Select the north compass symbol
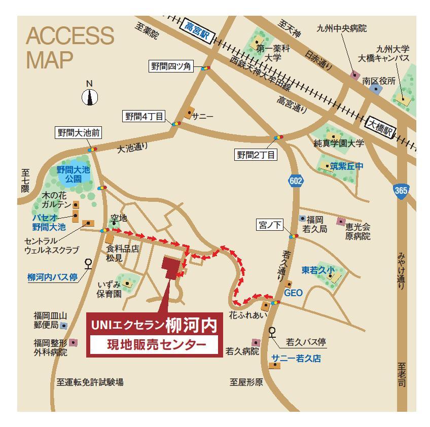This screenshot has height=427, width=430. tap(90, 96)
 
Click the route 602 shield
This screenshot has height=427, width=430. tap(296, 181)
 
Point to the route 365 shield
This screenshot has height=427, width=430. tap(400, 191)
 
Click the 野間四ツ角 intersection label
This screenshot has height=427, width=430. tap(170, 66)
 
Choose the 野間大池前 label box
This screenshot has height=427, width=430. tap(79, 133)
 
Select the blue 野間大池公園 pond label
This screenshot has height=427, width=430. tap(73, 174)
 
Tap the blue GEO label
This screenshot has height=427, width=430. tap(293, 293)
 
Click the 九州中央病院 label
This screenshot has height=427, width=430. tap(341, 28)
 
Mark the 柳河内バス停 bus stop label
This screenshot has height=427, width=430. tap(52, 277)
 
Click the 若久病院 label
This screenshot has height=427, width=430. tap(242, 351)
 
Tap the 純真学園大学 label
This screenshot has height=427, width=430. tap(339, 144)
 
